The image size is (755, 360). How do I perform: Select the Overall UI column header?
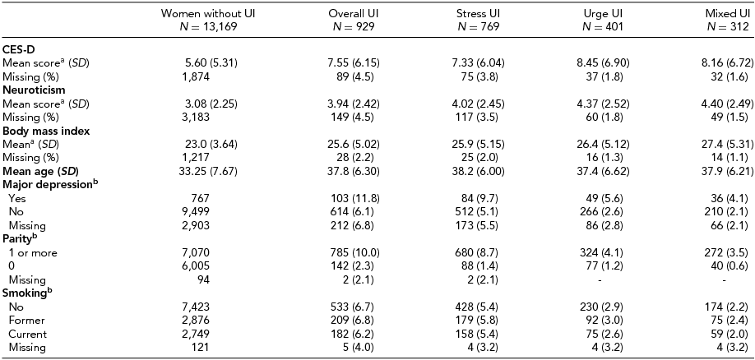pos(353,15)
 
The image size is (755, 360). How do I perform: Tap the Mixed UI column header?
pos(729,15)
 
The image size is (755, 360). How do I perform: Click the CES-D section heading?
pos(18,49)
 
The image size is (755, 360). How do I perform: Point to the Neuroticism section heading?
pos(34,89)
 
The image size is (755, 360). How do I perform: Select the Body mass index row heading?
pos(45,130)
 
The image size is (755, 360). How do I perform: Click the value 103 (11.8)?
pos(355,198)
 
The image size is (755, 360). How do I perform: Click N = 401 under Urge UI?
pos(603,27)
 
